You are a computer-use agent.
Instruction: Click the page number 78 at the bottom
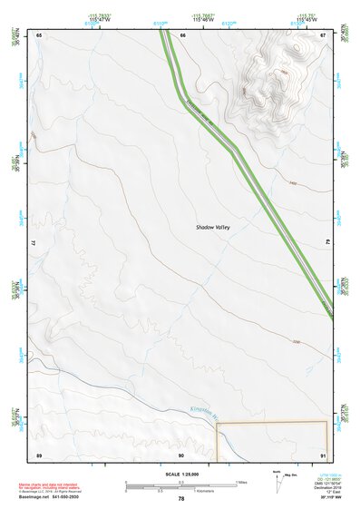(181, 499)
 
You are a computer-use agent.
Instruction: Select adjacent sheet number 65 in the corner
(39, 34)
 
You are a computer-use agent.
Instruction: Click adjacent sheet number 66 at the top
(182, 34)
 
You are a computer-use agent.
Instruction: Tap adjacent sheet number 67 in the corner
(324, 34)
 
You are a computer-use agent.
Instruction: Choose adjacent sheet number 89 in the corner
(39, 454)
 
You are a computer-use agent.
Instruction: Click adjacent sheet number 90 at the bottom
(181, 454)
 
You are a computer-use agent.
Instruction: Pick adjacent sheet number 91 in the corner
(324, 454)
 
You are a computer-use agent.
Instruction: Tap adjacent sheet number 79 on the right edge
(328, 243)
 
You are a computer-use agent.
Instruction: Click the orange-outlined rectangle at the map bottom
(271, 441)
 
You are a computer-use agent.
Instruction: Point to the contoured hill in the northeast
(272, 77)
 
